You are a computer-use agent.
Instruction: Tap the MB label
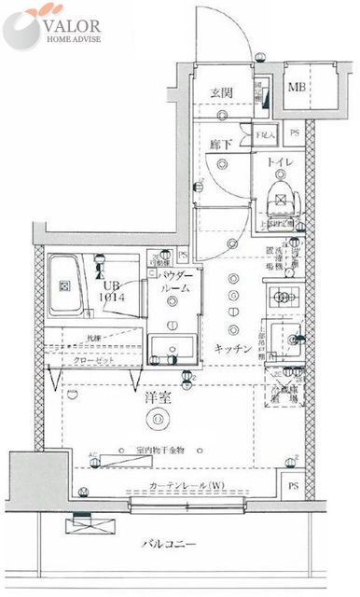click(296, 88)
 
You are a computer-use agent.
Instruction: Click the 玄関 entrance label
click(220, 92)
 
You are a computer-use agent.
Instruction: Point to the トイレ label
click(280, 162)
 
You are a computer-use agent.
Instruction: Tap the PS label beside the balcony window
click(293, 486)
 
